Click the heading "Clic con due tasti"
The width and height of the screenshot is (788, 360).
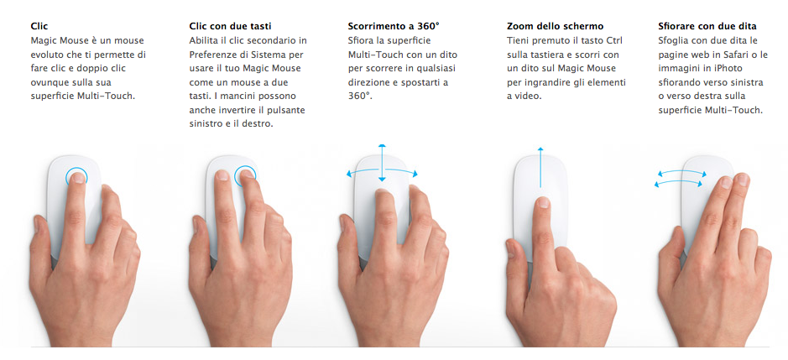232,26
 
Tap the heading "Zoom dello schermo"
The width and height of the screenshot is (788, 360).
556,26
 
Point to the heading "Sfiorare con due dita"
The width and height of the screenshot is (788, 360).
707,26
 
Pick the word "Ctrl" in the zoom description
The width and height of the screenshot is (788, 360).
613,40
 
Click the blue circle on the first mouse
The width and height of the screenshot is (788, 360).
76,176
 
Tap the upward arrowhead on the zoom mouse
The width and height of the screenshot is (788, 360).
540,149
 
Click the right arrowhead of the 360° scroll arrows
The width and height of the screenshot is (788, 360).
415,174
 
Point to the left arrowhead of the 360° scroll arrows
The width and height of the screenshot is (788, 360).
349,175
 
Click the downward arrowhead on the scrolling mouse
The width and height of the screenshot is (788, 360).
382,179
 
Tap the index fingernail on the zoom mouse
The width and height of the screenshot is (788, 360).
543,202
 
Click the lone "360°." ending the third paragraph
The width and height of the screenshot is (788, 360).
360,96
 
